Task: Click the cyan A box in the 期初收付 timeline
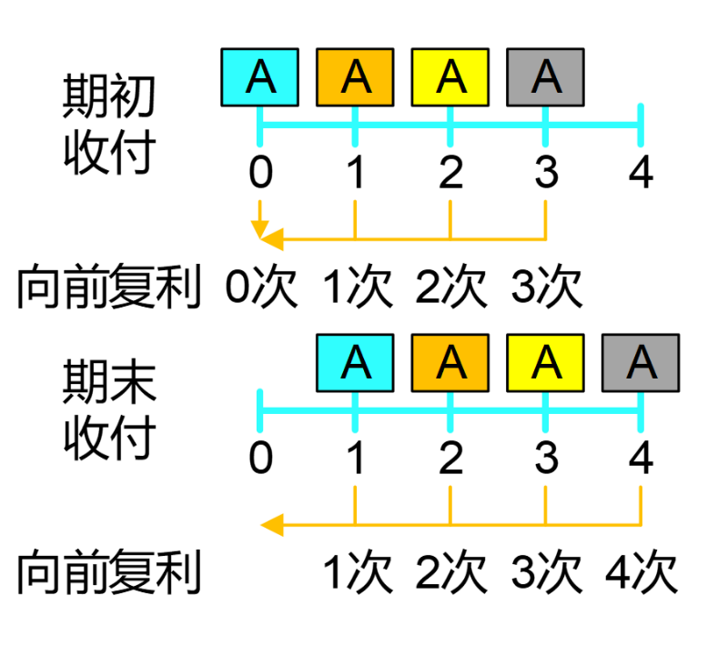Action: tap(260, 77)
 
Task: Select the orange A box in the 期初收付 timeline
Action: tap(355, 77)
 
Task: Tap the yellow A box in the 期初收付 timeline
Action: tap(450, 77)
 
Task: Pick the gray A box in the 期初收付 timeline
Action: tap(545, 77)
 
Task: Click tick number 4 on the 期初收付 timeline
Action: tap(641, 174)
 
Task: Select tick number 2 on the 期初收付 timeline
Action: tap(450, 174)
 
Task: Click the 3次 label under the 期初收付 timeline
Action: tap(546, 289)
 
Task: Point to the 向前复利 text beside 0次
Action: tap(107, 289)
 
